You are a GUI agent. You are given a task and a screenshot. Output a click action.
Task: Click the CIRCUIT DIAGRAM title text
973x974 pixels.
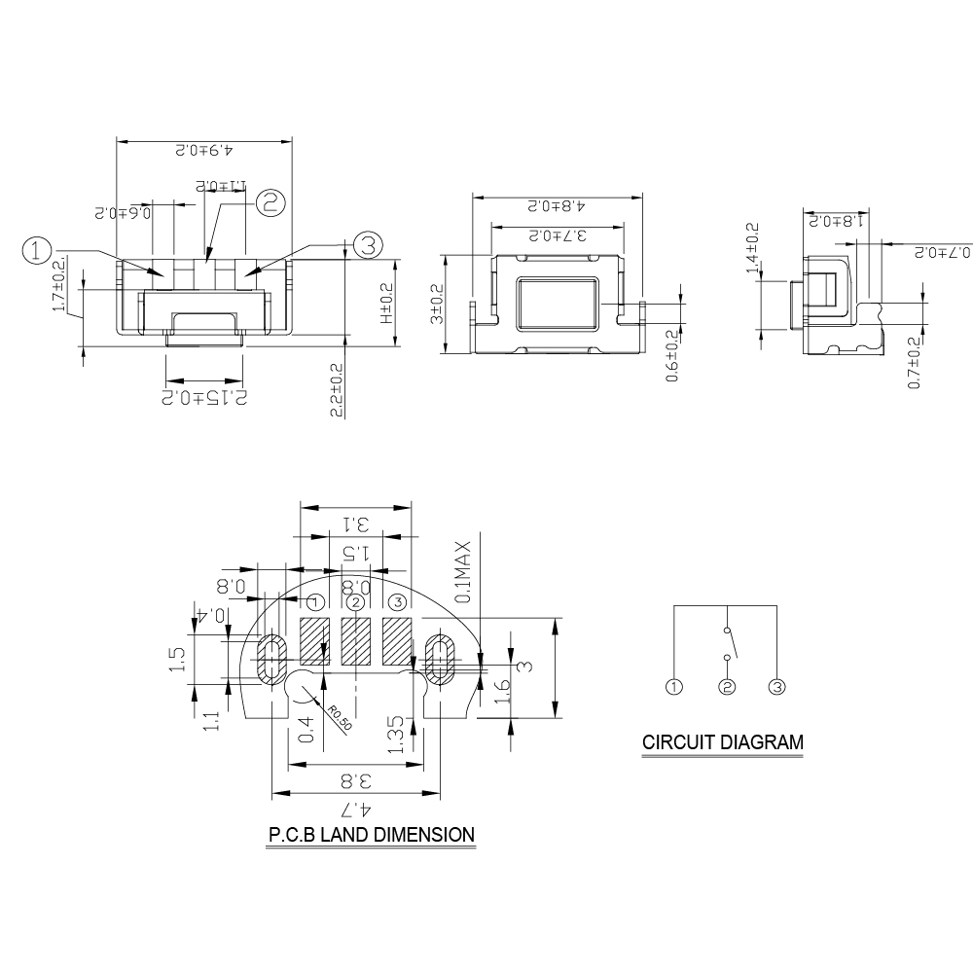click(x=723, y=742)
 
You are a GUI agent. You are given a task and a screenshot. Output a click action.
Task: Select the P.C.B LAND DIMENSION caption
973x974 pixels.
click(x=372, y=835)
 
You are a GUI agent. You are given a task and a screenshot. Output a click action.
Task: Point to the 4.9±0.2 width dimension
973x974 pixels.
click(x=204, y=152)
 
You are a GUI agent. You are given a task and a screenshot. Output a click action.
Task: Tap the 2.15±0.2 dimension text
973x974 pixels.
click(x=204, y=397)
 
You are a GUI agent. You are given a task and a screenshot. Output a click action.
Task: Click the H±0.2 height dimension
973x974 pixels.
click(x=385, y=304)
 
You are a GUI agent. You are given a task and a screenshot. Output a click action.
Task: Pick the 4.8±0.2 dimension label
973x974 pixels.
click(x=556, y=206)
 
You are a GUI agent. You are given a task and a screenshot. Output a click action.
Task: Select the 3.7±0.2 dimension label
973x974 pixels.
click(x=556, y=236)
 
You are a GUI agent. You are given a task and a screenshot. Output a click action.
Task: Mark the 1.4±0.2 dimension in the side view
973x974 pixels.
click(x=751, y=250)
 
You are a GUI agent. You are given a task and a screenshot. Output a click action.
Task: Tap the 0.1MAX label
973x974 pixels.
click(x=464, y=572)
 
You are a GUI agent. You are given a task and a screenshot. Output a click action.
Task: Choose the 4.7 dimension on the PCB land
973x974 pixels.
click(x=355, y=810)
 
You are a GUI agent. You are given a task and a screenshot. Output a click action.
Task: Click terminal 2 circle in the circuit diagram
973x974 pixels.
click(x=726, y=687)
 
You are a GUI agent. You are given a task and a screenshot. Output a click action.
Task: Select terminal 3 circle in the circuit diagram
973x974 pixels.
click(x=776, y=687)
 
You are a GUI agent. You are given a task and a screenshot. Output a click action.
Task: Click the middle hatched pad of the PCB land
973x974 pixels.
click(x=355, y=642)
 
